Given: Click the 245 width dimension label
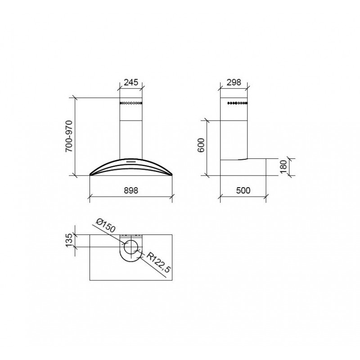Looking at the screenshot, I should (130, 82).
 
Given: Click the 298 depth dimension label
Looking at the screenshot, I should (234, 82).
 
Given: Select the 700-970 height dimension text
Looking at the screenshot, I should (69, 136).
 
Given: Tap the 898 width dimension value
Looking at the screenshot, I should (130, 190).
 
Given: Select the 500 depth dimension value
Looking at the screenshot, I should (243, 190).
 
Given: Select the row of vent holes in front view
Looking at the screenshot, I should (131, 103).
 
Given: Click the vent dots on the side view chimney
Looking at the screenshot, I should (237, 103).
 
